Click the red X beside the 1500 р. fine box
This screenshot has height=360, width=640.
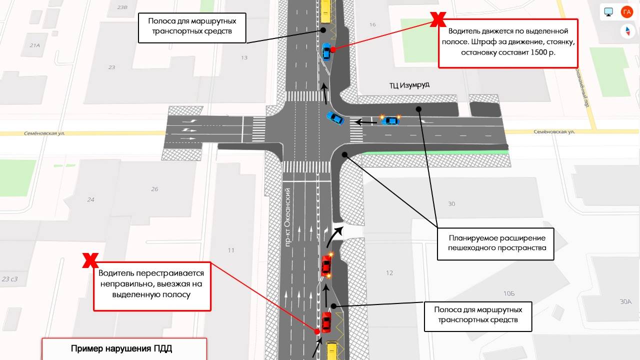[x=438, y=19]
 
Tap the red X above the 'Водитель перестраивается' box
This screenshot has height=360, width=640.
[x=90, y=260]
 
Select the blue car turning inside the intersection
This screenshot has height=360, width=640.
[x=335, y=118]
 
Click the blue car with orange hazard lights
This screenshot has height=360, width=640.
[x=390, y=120]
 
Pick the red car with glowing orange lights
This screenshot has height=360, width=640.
[x=326, y=265]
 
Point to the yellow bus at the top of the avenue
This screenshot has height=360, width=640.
[x=325, y=11]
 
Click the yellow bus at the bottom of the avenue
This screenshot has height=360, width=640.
[x=331, y=350]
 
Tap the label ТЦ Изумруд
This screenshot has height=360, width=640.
[x=409, y=85]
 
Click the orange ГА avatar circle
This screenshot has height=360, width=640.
[x=627, y=12]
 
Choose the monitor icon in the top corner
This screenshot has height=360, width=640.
[x=608, y=12]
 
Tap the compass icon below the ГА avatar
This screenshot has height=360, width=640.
[x=627, y=31]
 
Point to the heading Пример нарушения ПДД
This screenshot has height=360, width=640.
[x=121, y=349]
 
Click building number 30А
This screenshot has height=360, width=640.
[x=625, y=301]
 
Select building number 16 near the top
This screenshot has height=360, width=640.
[x=372, y=25]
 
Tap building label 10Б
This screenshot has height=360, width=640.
[x=509, y=293]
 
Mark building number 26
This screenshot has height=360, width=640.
[x=154, y=189]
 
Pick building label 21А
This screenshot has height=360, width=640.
[x=34, y=45]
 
